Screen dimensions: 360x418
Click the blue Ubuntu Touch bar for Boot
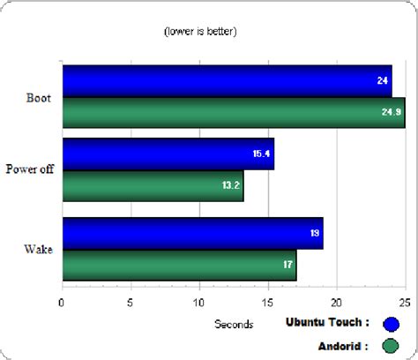coord(225,81)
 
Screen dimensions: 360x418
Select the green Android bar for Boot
coord(232,112)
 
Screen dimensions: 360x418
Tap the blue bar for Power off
coord(168,154)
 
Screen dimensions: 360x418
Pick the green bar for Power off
coord(152,185)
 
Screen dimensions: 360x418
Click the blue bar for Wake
coord(191,233)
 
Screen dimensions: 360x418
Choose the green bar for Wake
coord(178,264)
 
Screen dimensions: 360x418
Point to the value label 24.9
coord(391,112)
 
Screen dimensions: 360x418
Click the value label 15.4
coord(261,154)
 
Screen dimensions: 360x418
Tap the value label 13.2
coord(229,185)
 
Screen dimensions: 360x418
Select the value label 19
coord(313,233)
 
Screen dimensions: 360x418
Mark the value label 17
coord(287,264)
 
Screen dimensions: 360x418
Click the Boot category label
coord(39,97)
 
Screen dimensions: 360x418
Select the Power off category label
coord(30,169)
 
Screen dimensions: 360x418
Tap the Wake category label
coord(38,249)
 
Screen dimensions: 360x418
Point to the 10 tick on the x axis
coord(199,301)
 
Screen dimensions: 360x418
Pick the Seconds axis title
coord(234,324)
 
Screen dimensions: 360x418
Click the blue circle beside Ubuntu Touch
coord(391,323)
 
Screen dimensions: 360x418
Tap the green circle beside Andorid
coord(391,345)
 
